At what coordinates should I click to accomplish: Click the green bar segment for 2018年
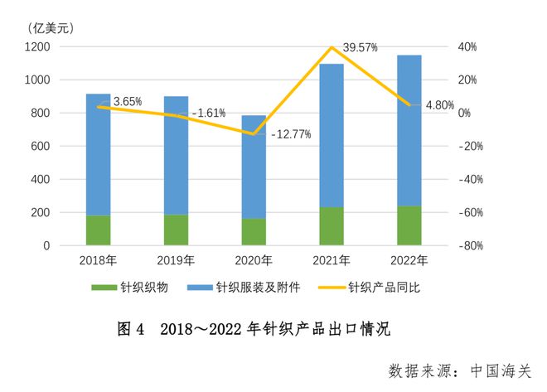click(x=98, y=230)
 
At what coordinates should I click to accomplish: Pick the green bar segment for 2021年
click(x=332, y=226)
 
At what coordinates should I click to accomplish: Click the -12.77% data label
click(x=291, y=134)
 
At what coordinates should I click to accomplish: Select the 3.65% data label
click(x=128, y=101)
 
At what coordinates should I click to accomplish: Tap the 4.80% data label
click(x=439, y=105)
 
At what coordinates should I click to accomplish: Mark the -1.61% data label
click(x=209, y=113)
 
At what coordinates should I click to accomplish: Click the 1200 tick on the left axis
click(x=38, y=47)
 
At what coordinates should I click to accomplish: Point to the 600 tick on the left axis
click(x=41, y=147)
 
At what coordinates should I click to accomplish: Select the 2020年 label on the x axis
click(x=254, y=260)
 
